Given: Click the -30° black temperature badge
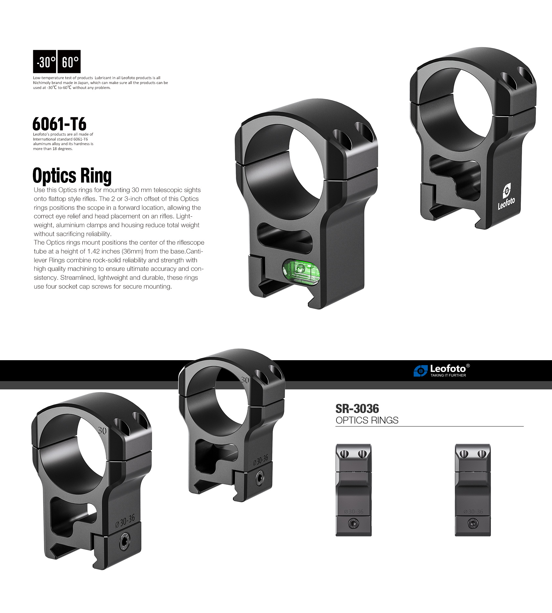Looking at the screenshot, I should point(45,61).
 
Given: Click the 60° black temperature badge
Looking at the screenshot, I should point(69,61).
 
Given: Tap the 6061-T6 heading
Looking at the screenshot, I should point(59,124).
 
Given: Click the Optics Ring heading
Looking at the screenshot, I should point(72,175).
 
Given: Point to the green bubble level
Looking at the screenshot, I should point(302,271).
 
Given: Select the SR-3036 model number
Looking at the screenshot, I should point(357,409).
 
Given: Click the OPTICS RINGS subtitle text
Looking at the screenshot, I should point(367,420).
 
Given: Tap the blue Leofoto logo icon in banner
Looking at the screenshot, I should point(420,371).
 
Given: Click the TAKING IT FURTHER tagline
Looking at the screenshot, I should point(448,375).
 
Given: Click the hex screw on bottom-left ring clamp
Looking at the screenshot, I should point(125,541).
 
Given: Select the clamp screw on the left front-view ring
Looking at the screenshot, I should point(354,523).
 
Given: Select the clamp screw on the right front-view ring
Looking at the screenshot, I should point(473,523).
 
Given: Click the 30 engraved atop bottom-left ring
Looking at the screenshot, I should point(103,430).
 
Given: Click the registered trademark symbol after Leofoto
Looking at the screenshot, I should point(468,366).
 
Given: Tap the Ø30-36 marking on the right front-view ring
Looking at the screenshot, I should point(473,512).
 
